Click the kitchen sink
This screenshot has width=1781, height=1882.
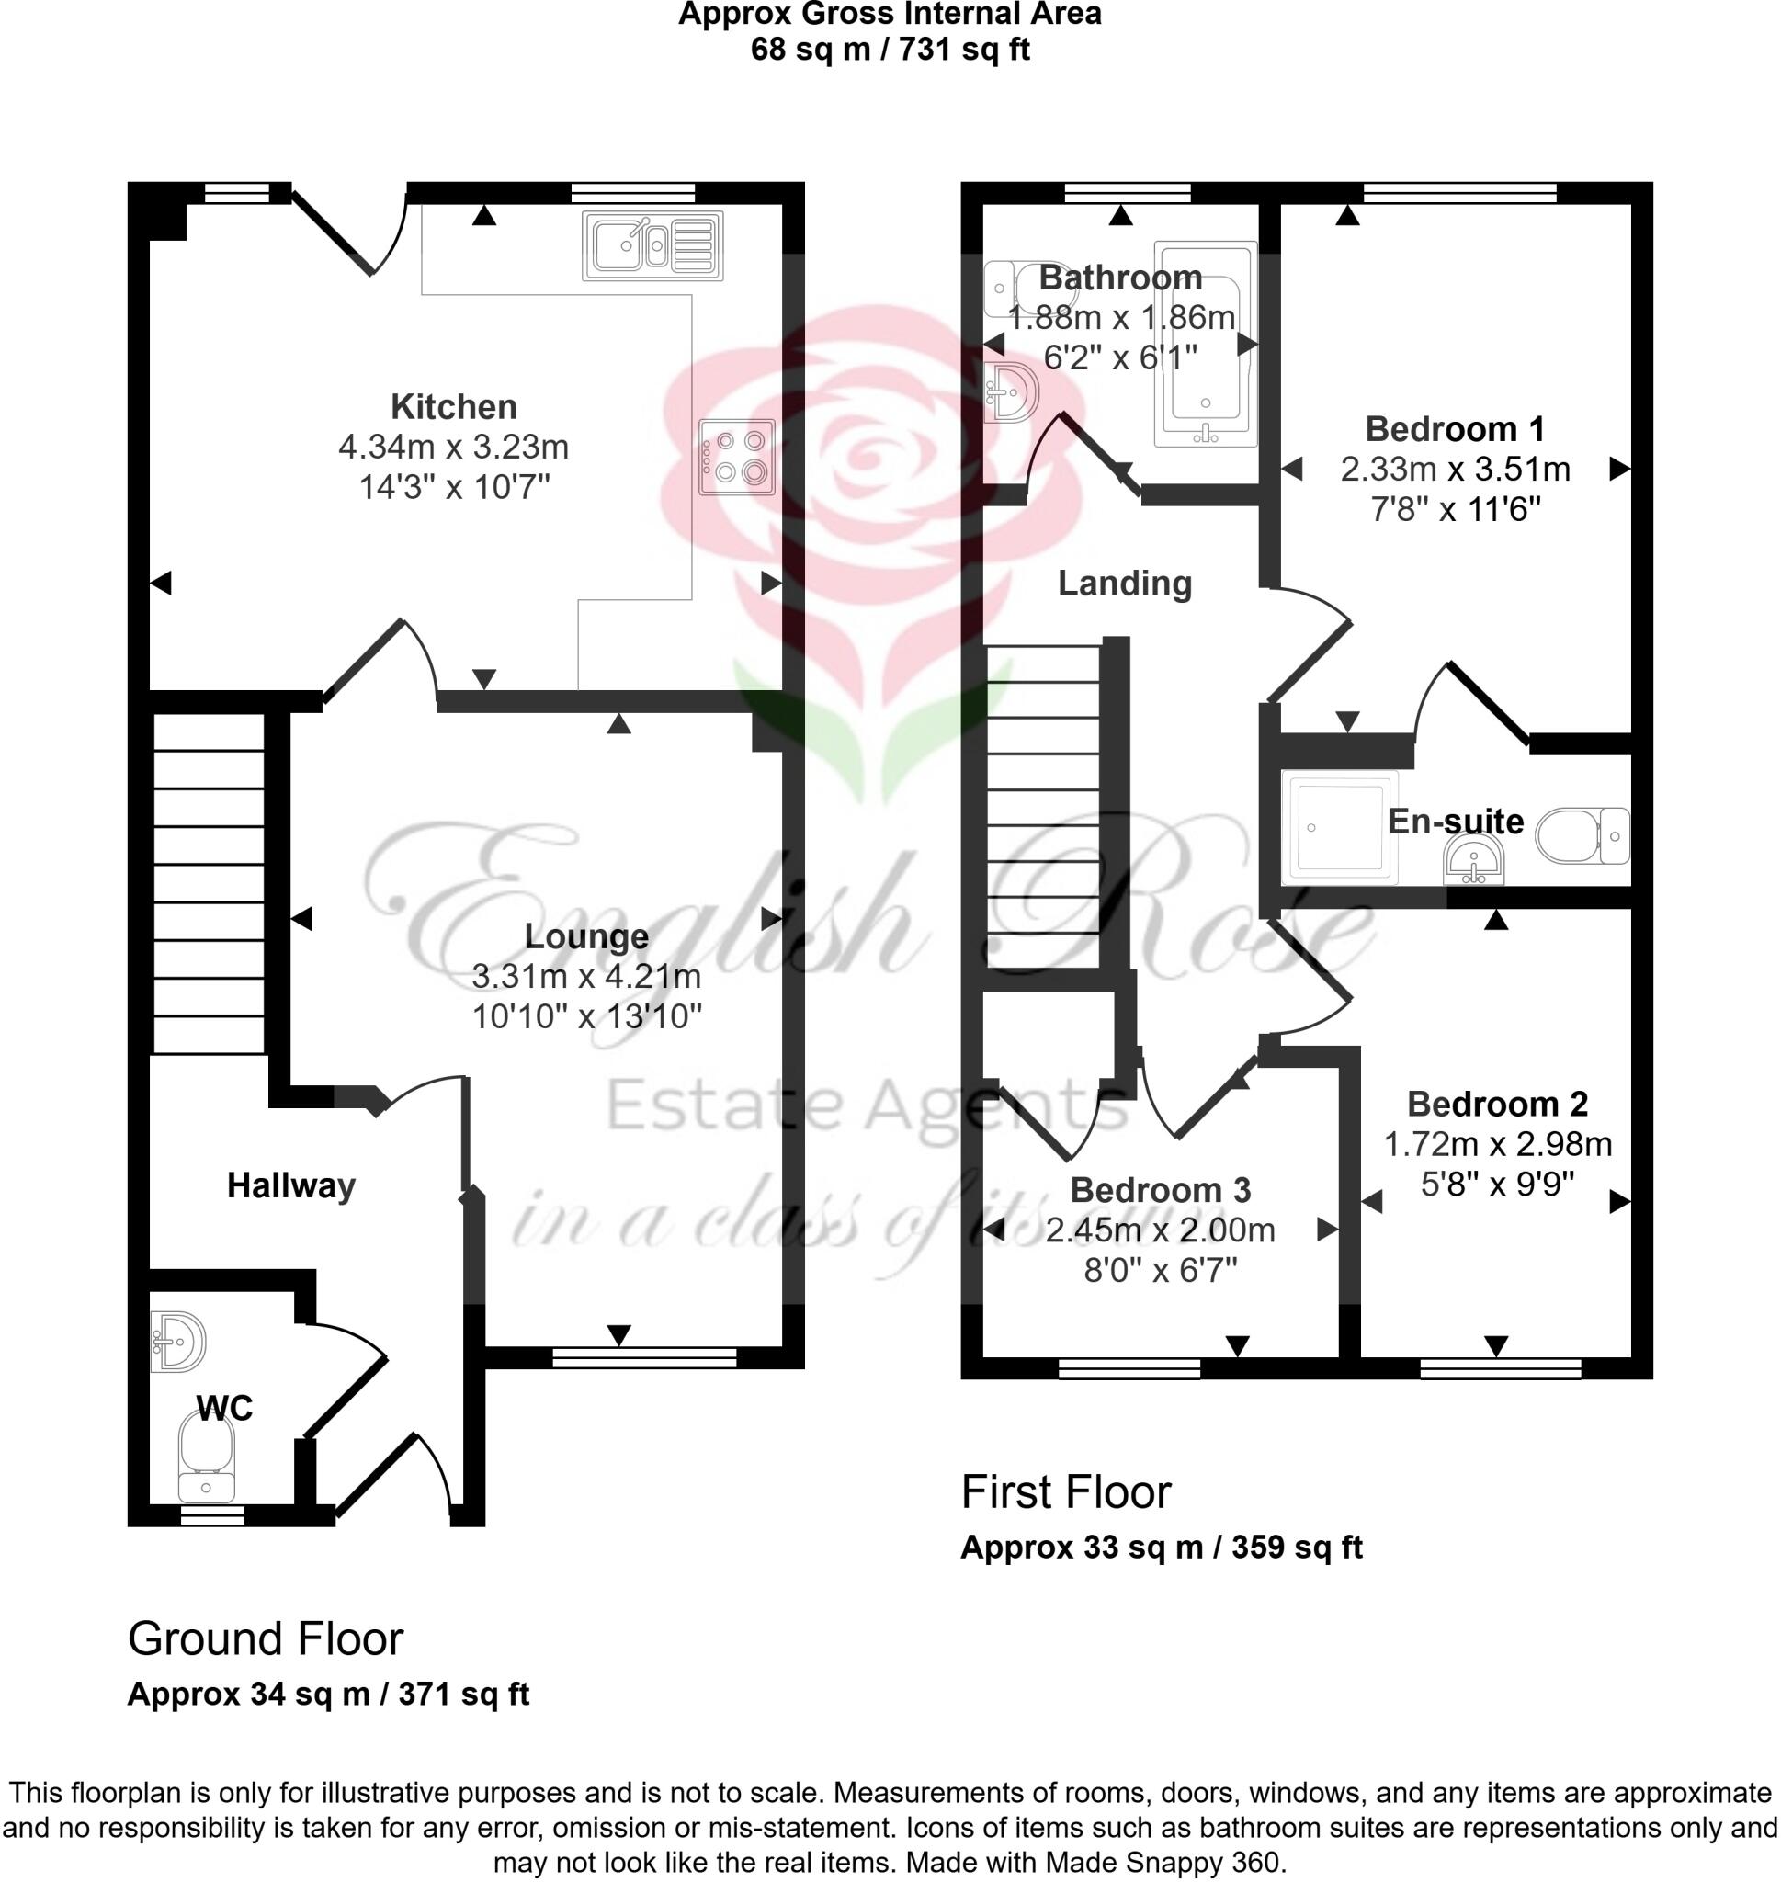point(652,245)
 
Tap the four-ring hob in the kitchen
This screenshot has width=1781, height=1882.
point(737,457)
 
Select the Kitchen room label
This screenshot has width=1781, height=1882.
point(454,407)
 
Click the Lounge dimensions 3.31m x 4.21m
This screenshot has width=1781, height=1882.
point(586,976)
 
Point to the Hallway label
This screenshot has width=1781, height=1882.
point(290,1185)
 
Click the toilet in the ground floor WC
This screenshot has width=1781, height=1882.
point(206,1454)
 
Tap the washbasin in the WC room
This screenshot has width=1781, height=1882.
point(177,1342)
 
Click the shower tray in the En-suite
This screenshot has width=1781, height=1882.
point(1340,827)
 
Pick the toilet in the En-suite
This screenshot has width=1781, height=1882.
point(1582,835)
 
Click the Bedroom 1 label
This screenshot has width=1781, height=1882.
point(1455,429)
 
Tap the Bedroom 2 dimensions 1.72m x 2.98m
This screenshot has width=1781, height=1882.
point(1497,1145)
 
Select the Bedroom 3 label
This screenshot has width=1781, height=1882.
point(1160,1190)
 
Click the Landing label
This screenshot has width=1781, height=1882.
point(1125,583)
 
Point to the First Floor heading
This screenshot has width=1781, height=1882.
point(1066,1492)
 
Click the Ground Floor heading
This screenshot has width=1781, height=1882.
point(266,1639)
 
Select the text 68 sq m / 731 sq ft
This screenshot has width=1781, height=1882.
point(890,49)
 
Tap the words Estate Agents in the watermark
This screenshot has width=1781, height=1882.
point(866,1105)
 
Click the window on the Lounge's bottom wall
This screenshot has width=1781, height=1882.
point(644,1358)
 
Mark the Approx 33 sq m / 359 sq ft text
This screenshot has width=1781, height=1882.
point(1161,1548)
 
